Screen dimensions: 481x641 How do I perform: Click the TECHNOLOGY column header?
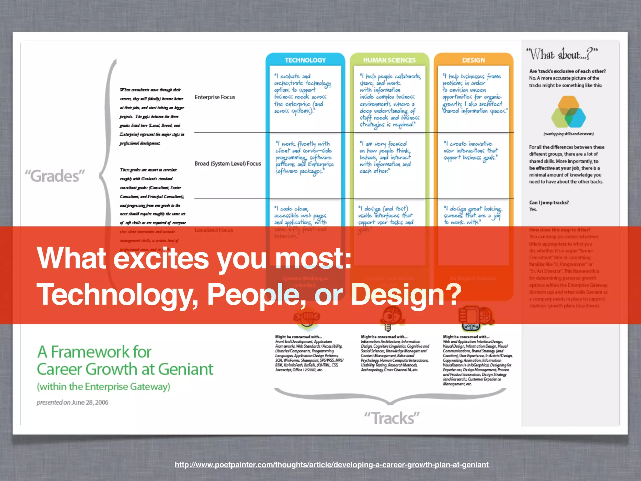coord(305,60)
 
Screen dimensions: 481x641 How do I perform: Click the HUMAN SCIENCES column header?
coord(389,60)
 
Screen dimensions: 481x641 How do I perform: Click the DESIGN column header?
coord(473,60)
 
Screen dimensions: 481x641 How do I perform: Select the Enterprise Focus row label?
coord(215,97)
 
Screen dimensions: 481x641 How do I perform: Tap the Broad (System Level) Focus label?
coord(228,163)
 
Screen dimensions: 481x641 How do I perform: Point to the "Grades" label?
coord(55,176)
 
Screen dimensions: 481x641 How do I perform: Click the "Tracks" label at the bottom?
coord(392,418)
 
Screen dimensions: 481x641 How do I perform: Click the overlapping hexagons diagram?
coord(568,112)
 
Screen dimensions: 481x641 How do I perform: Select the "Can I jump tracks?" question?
coord(549,203)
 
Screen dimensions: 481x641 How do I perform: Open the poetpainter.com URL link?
coord(331,465)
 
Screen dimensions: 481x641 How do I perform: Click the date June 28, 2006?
coord(90,402)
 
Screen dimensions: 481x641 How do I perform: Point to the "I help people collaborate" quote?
coord(390,100)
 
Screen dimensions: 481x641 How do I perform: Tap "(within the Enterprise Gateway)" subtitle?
coord(104,387)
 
